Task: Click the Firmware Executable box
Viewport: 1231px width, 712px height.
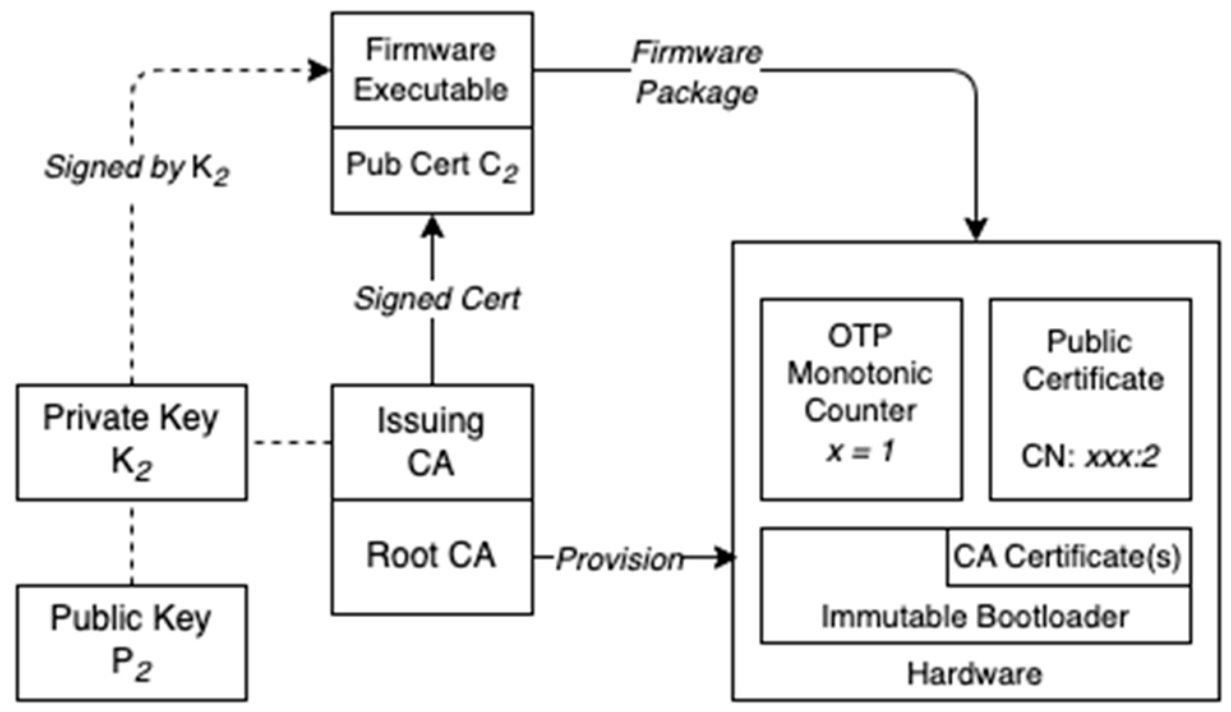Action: pyautogui.click(x=432, y=70)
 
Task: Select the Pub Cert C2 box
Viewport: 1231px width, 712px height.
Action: pyautogui.click(x=432, y=169)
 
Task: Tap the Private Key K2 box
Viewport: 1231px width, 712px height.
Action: pyautogui.click(x=132, y=442)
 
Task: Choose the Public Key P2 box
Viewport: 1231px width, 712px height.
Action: pyautogui.click(x=132, y=642)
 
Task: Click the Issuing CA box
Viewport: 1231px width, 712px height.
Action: pyautogui.click(x=432, y=442)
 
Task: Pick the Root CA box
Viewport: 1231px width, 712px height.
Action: pyautogui.click(x=432, y=556)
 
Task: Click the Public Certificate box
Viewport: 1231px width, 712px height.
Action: pyautogui.click(x=1090, y=398)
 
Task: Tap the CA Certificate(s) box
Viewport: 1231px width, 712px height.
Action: pyautogui.click(x=1068, y=557)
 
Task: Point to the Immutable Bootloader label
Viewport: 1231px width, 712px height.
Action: pyautogui.click(x=974, y=617)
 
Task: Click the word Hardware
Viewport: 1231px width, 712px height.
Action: pyautogui.click(x=974, y=674)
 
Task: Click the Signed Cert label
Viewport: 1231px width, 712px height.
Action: pyautogui.click(x=437, y=299)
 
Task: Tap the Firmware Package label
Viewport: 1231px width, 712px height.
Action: pyautogui.click(x=696, y=72)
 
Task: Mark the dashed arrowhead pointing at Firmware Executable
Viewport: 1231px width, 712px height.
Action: pyautogui.click(x=319, y=70)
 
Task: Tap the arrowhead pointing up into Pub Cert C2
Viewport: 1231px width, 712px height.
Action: pyautogui.click(x=433, y=226)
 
